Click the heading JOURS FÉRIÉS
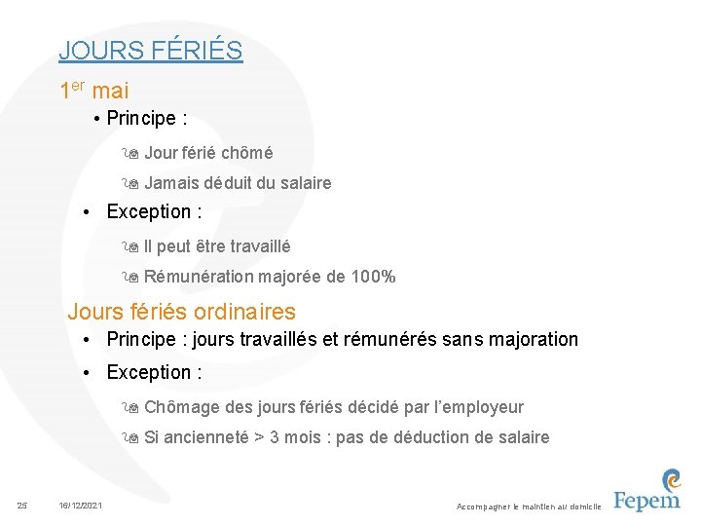coord(150,50)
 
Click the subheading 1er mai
coord(94,91)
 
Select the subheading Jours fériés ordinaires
coord(181,312)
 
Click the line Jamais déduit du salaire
coord(238,183)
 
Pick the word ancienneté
coord(204,437)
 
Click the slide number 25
coord(24,505)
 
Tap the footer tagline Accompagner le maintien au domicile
coord(529,507)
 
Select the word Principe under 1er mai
coord(141,119)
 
